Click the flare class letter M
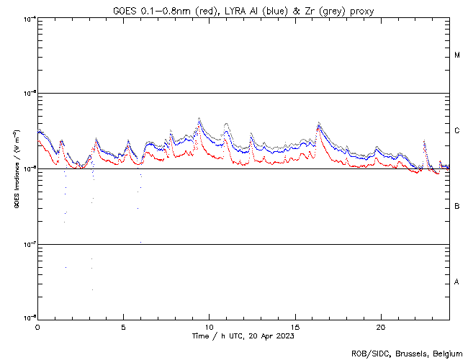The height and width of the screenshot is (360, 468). click(x=457, y=55)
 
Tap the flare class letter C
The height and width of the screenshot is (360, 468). click(x=457, y=131)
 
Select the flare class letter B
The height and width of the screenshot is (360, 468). click(x=457, y=207)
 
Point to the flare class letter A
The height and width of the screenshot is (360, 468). click(x=457, y=282)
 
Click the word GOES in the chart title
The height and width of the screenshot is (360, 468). click(x=124, y=11)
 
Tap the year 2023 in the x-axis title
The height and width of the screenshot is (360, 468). click(x=283, y=336)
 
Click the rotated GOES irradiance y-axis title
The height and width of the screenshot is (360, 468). click(x=16, y=169)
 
